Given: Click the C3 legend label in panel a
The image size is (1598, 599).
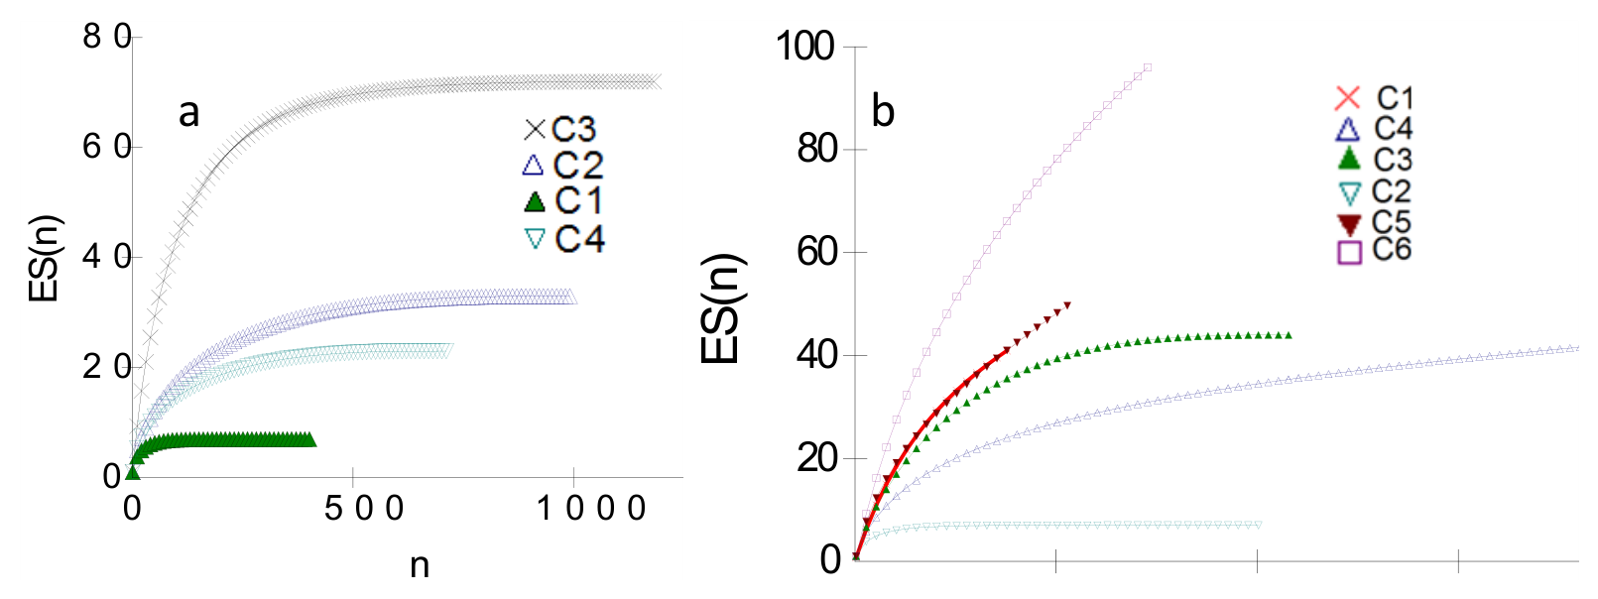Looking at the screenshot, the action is coord(573,129).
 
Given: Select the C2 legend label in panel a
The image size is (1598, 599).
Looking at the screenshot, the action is coord(578,165).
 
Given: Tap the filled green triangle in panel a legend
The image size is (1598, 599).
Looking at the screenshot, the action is coord(535,201).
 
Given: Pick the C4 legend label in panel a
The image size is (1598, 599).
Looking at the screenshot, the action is coord(579,238).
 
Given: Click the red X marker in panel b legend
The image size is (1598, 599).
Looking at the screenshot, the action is coord(1348,98).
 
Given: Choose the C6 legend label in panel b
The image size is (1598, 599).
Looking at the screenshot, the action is coord(1392,249).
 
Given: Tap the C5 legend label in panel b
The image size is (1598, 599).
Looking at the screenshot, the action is coord(1392,221).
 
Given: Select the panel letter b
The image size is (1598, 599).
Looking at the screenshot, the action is coord(883,111).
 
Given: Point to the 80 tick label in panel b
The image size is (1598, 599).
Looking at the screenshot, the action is coord(816,150).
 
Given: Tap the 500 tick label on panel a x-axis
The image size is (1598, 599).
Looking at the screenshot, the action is coord(364,509).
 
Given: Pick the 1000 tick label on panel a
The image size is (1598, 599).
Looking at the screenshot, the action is coord(590,509).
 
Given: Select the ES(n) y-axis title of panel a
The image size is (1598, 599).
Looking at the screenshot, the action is coord(46,258).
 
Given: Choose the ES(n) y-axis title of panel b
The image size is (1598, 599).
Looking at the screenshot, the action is coord(723,308).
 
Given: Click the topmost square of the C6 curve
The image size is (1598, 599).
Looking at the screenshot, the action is coord(1147,68).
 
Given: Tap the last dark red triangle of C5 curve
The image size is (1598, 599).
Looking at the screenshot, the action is coord(1067,305).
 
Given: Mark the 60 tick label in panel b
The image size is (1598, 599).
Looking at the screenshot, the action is coord(816,253).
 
